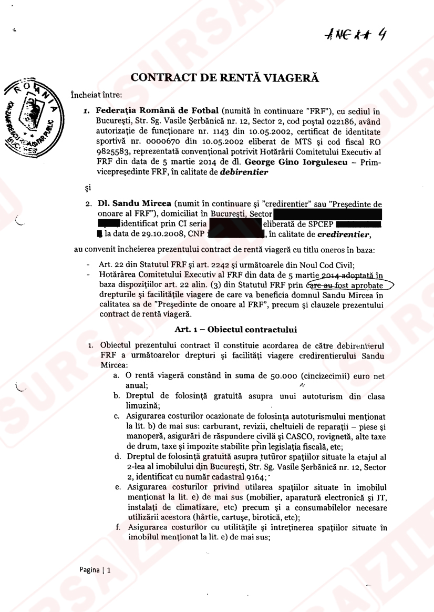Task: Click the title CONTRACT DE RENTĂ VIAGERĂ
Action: (225, 77)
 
